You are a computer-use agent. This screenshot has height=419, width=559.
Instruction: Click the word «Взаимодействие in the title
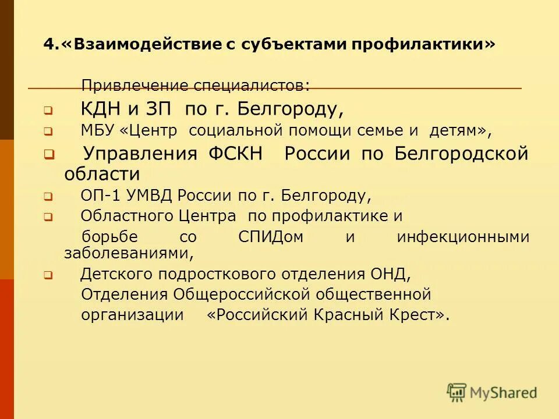coord(139,45)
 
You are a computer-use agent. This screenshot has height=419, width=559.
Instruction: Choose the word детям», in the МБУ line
coord(460,131)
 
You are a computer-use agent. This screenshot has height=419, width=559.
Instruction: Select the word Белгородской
coord(461,154)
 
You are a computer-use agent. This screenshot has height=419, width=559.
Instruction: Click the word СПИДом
coord(271,237)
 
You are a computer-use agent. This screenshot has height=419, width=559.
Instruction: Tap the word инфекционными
coord(463,237)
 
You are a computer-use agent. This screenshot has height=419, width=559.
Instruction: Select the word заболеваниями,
coord(128,253)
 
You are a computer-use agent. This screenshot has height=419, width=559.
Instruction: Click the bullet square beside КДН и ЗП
coord(48,109)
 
